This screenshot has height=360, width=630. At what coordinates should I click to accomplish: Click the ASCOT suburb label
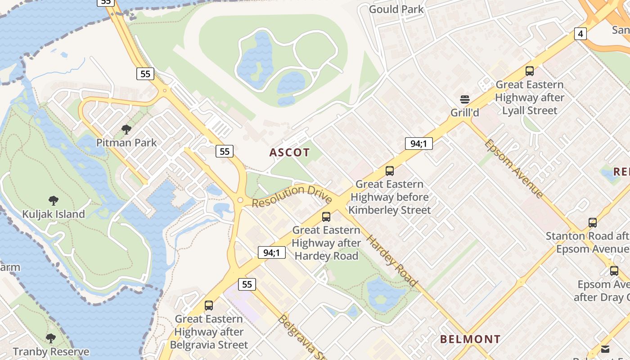[x=289, y=153]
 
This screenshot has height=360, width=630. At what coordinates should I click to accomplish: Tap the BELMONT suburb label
[x=470, y=339]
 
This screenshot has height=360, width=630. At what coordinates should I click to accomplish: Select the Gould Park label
[x=396, y=9]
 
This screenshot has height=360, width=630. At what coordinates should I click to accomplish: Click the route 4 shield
[x=580, y=33]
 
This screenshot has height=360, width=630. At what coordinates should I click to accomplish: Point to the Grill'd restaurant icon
[x=465, y=99]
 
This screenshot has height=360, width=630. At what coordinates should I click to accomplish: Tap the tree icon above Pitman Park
[x=126, y=130]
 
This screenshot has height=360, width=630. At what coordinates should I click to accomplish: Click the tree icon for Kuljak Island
[x=54, y=201]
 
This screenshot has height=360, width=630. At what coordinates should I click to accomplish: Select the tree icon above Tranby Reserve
[x=51, y=338]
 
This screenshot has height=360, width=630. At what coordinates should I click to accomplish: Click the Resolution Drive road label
[x=292, y=196]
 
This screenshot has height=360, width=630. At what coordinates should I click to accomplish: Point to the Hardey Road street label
[x=391, y=261]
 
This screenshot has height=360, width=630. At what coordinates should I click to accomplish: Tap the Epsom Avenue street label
[x=514, y=168]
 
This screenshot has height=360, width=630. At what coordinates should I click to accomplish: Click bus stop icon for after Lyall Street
[x=530, y=71]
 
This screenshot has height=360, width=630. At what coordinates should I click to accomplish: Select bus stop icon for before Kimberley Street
[x=390, y=171]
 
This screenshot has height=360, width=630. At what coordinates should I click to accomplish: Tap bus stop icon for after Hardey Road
[x=326, y=217]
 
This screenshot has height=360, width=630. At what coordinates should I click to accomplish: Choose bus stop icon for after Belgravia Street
[x=209, y=306]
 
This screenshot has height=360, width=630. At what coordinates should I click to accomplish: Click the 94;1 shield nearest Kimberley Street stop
[x=418, y=144]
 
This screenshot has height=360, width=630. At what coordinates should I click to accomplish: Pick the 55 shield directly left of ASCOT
[x=224, y=151]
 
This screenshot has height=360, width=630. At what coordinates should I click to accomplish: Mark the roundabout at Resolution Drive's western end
[x=240, y=200]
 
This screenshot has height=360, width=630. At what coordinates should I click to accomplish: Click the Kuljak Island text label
[x=54, y=214]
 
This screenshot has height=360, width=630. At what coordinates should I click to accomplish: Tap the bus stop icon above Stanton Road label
[x=593, y=222]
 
